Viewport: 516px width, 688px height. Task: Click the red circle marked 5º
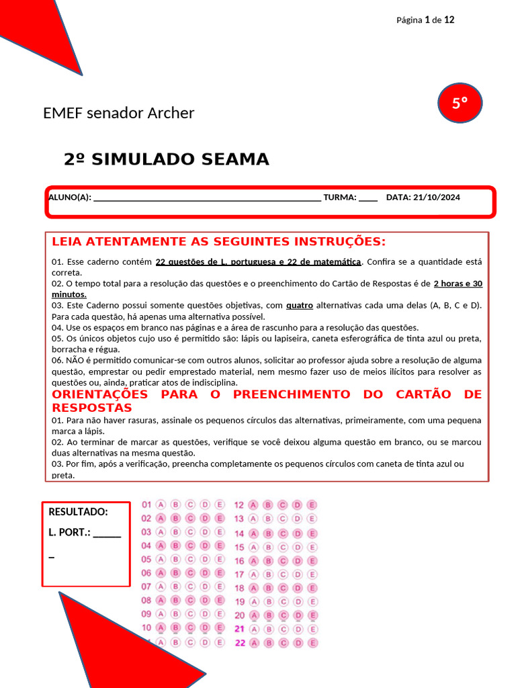coord(460,103)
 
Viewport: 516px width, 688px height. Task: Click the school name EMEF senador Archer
coord(118,113)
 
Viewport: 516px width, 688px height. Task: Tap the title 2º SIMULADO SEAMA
coord(166,159)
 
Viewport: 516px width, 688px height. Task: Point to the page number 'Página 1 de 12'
coord(425,19)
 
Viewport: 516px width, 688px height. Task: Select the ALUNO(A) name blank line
coord(206,198)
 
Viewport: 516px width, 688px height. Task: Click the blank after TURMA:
coord(368,198)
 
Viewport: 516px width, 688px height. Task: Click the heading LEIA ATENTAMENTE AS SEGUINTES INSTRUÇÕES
coord(218,241)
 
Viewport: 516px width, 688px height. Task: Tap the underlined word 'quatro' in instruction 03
coord(299,305)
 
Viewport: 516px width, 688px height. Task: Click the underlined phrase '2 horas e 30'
coord(458,284)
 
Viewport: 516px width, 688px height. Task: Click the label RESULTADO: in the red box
coord(78,512)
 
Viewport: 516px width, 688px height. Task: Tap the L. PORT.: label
coord(69,533)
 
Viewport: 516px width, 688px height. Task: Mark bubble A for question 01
coord(161,505)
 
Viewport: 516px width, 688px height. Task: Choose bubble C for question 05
coord(190,559)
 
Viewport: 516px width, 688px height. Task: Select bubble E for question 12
coord(312,505)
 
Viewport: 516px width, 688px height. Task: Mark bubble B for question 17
coord(268,574)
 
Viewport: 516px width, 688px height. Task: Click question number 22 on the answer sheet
coord(239,642)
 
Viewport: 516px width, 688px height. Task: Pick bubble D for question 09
coord(205,613)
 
